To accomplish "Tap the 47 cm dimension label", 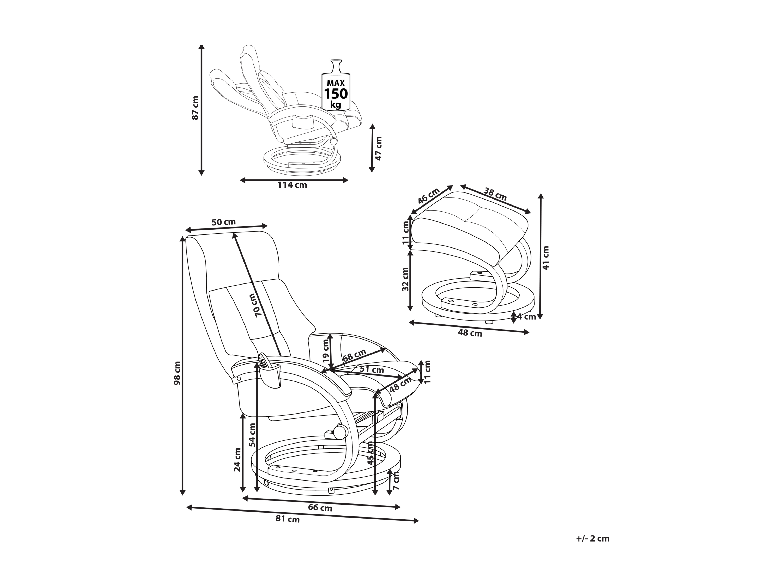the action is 378,149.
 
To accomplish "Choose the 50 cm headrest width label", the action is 224,222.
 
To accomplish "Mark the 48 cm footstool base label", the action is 470,333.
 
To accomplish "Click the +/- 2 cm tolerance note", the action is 592,539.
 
